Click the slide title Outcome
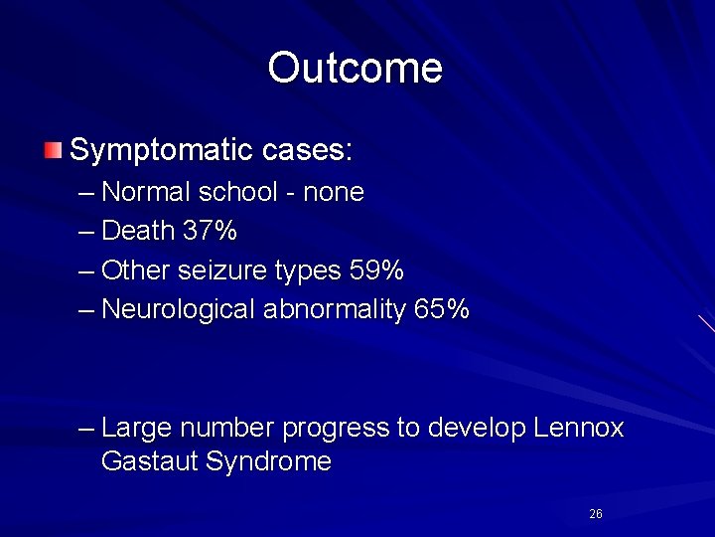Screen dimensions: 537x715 coord(355,68)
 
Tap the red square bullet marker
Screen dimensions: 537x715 coord(52,151)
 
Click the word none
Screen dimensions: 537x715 coord(334,192)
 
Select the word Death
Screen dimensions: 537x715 coord(139,232)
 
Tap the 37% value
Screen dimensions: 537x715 coord(211,232)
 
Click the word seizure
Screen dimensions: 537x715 coord(219,270)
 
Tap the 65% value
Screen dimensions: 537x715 coord(442,309)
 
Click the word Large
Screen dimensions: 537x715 coord(136,429)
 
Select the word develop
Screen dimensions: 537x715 coord(477,429)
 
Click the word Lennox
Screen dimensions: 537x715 coord(579,429)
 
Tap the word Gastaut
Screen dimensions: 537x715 coord(149,462)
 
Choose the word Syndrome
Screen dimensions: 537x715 coord(268,462)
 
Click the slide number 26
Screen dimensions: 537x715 coord(596,514)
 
